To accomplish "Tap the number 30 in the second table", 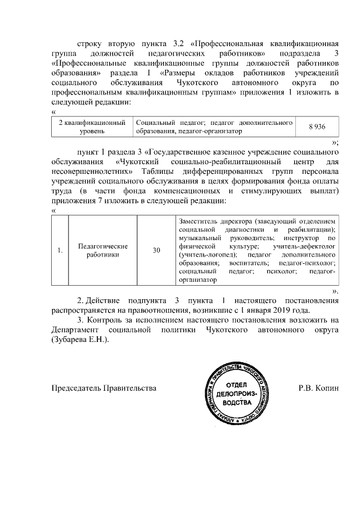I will (156, 250).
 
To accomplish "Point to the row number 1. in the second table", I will (60, 250).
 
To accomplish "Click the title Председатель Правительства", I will (104, 388).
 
